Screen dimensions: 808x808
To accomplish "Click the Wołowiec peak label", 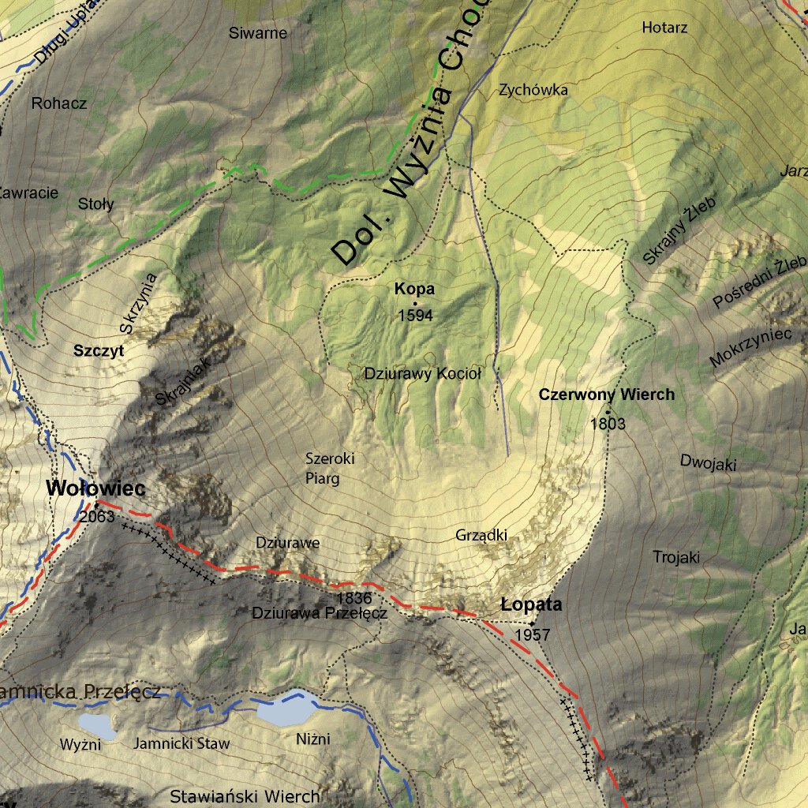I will point(95,488).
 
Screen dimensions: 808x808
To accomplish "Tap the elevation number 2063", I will point(97,518).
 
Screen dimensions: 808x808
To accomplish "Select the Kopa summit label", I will point(415,290).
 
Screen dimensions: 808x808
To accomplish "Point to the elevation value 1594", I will point(416,316).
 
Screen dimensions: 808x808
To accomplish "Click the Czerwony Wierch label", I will point(607,395).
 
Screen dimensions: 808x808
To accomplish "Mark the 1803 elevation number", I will point(608,424).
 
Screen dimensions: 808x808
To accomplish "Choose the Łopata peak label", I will point(532,605).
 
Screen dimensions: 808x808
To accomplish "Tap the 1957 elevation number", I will point(531,634).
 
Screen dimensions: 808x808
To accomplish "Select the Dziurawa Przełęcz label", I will point(319,612).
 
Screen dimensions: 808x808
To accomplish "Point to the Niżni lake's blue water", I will point(284,709).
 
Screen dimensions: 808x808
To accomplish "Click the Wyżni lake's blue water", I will point(96,725).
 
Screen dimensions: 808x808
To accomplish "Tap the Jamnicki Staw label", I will point(181,743).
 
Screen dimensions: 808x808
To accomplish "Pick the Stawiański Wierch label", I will point(245,795).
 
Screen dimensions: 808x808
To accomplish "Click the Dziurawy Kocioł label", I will point(422,374).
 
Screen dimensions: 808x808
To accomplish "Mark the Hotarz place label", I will point(664,28).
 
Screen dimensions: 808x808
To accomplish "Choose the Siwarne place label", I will point(258,33).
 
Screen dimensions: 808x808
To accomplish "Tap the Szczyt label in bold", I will point(99,352).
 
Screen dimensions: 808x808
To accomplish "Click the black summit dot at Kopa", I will point(415,303).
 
